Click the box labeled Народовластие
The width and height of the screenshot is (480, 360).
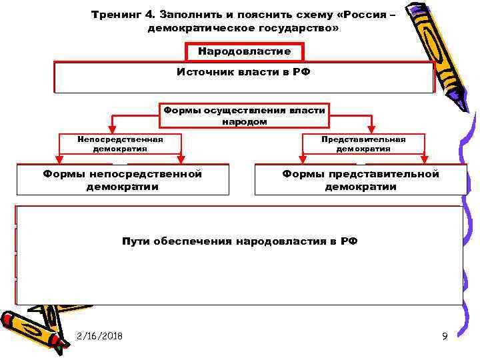[244, 52]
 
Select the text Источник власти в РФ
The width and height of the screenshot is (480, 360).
[244, 71]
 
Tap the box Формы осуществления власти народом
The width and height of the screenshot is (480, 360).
[244, 115]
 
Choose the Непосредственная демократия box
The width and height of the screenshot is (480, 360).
[120, 144]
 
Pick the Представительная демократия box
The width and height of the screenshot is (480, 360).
[363, 144]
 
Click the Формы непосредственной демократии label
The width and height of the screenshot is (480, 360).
[123, 180]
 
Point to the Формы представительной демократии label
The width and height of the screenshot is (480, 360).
[361, 180]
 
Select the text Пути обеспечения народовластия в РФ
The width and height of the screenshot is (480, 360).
[240, 241]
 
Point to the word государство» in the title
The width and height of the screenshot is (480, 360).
[297, 29]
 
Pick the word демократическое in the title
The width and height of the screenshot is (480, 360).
[204, 29]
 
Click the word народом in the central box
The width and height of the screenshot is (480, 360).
[244, 122]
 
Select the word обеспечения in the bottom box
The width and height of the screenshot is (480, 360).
[192, 241]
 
